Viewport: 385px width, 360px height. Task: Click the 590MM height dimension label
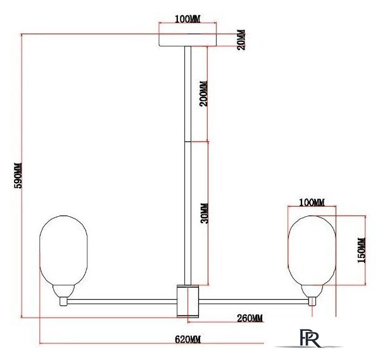(18, 175)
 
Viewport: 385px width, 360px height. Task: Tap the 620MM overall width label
(188, 340)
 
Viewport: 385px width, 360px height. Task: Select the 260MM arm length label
(249, 318)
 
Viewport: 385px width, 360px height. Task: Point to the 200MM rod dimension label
(203, 93)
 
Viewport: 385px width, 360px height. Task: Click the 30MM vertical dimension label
(205, 214)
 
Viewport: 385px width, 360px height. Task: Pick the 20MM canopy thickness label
(241, 40)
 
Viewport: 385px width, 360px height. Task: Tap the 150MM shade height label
(361, 250)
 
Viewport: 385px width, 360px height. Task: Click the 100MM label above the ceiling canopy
(187, 19)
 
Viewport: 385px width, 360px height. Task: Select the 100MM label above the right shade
(312, 202)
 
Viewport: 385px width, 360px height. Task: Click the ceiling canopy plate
(188, 40)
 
